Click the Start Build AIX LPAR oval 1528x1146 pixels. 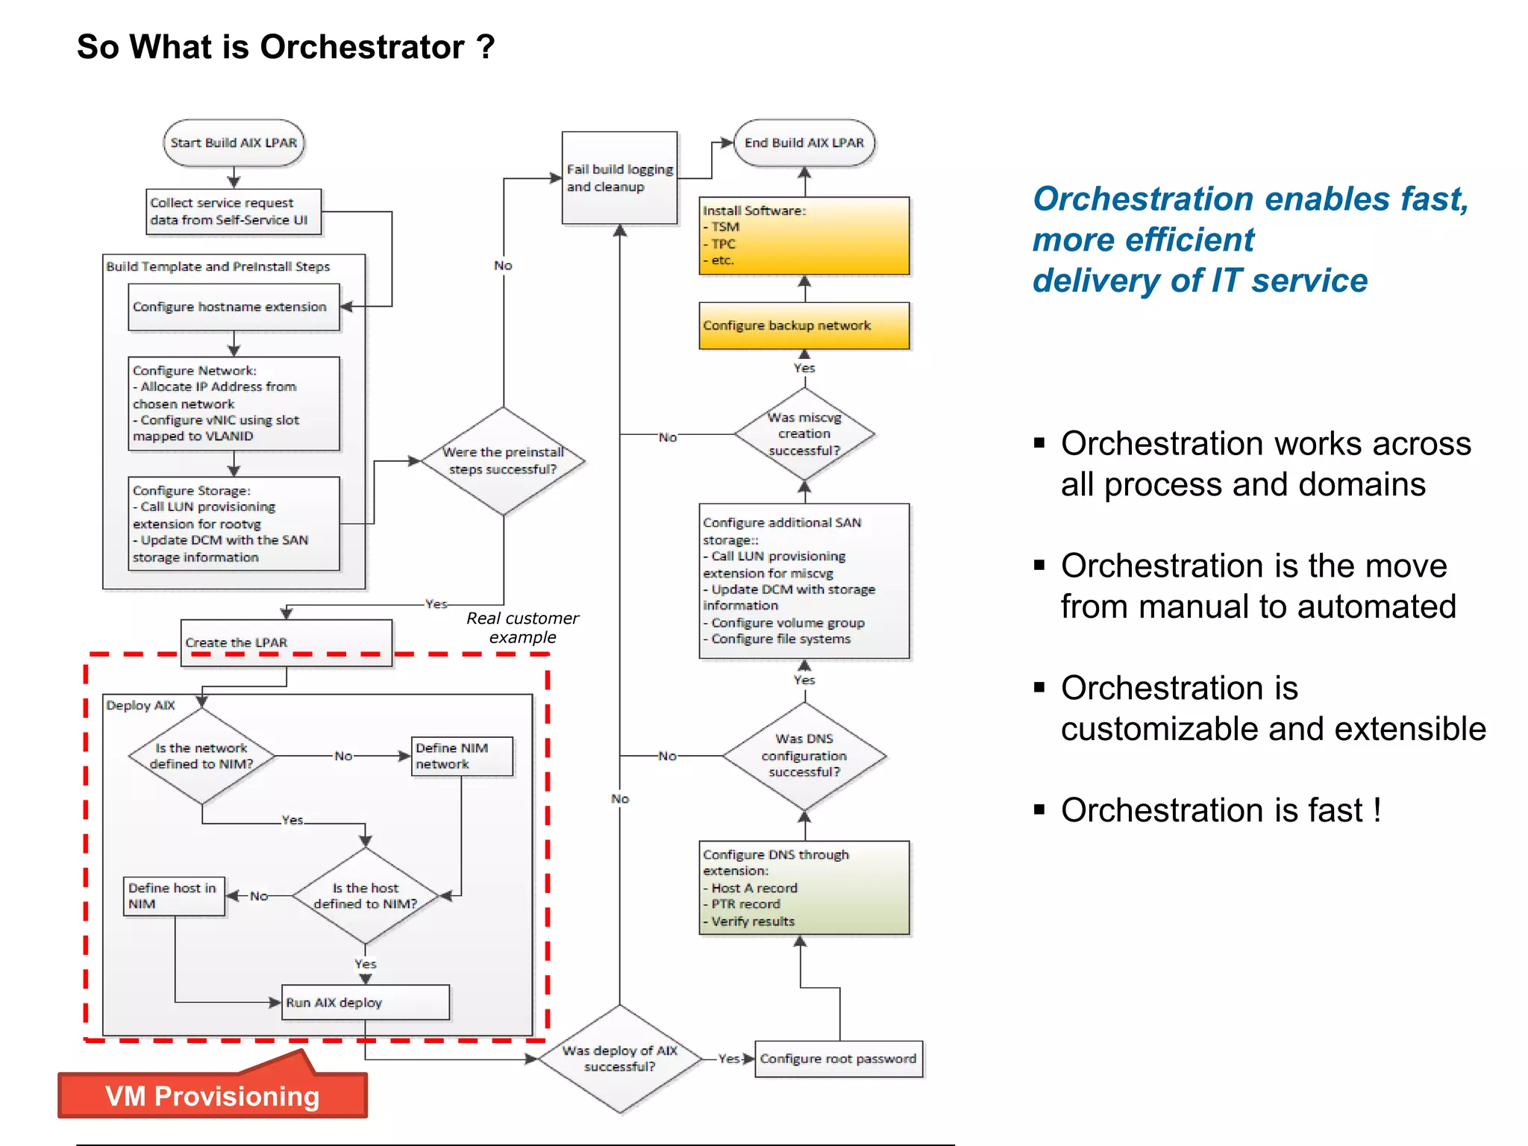point(234,143)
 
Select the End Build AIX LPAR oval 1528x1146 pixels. point(804,143)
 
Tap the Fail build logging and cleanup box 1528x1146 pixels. point(619,178)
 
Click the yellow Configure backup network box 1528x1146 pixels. point(804,325)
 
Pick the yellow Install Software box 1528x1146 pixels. point(804,236)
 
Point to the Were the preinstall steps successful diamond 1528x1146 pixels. point(503,461)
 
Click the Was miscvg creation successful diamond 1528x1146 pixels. point(804,434)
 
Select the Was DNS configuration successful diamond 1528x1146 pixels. point(804,756)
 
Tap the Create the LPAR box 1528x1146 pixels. point(286,642)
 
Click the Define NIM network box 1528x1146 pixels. point(462,756)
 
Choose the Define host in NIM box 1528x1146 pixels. point(174,896)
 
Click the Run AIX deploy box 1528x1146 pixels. point(366,1002)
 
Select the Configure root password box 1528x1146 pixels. point(838,1059)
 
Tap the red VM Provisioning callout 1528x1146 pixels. point(213,1095)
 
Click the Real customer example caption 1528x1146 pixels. point(522,627)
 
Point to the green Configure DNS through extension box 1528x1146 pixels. point(804,888)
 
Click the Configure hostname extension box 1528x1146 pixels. point(234,307)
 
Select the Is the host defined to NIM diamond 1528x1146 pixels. point(366,896)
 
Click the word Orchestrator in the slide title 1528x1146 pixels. point(362,47)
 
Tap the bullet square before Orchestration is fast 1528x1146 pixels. point(1039,809)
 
